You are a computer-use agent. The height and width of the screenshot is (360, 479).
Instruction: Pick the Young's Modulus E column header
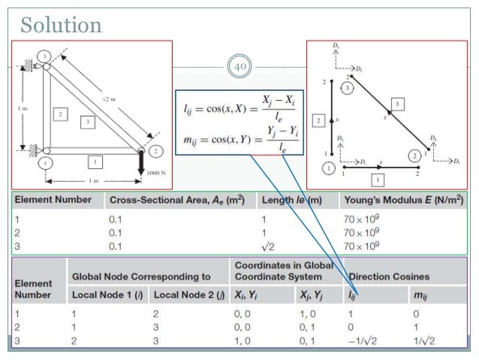coord(402,201)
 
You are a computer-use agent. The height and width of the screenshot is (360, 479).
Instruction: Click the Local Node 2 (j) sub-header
coord(188,295)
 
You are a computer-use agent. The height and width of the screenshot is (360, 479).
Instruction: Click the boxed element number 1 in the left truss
coord(93,159)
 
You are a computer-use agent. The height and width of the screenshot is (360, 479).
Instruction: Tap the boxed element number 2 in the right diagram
coord(318,120)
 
